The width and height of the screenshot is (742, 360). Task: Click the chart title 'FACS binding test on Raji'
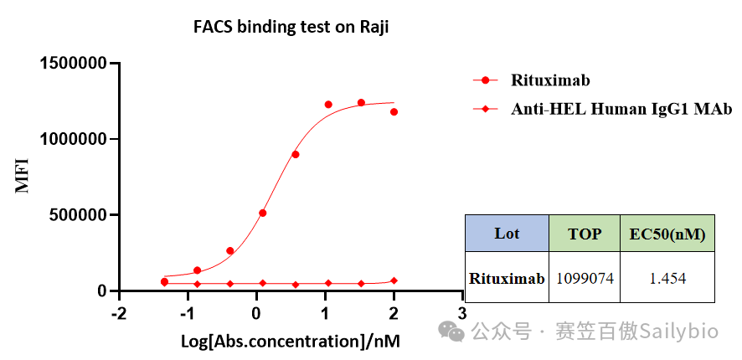pyautogui.click(x=291, y=28)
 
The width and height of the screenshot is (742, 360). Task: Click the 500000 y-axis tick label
pyautogui.click(x=79, y=215)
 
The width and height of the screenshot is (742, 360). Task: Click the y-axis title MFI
pyautogui.click(x=23, y=176)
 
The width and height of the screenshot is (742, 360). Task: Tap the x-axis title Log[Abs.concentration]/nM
pyautogui.click(x=291, y=341)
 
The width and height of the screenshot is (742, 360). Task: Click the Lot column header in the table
pyautogui.click(x=507, y=234)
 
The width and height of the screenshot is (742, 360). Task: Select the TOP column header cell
pyautogui.click(x=585, y=234)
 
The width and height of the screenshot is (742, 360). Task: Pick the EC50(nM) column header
pyautogui.click(x=667, y=234)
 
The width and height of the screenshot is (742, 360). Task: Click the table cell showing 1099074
pyautogui.click(x=585, y=279)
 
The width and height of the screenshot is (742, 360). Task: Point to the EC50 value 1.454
pyautogui.click(x=667, y=279)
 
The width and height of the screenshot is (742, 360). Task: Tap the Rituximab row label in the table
pyautogui.click(x=507, y=279)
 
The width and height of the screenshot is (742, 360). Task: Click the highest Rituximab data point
pyautogui.click(x=361, y=103)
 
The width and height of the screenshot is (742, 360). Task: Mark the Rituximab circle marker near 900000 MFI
pyautogui.click(x=296, y=154)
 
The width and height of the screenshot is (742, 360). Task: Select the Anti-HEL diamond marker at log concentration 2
pyautogui.click(x=394, y=280)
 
